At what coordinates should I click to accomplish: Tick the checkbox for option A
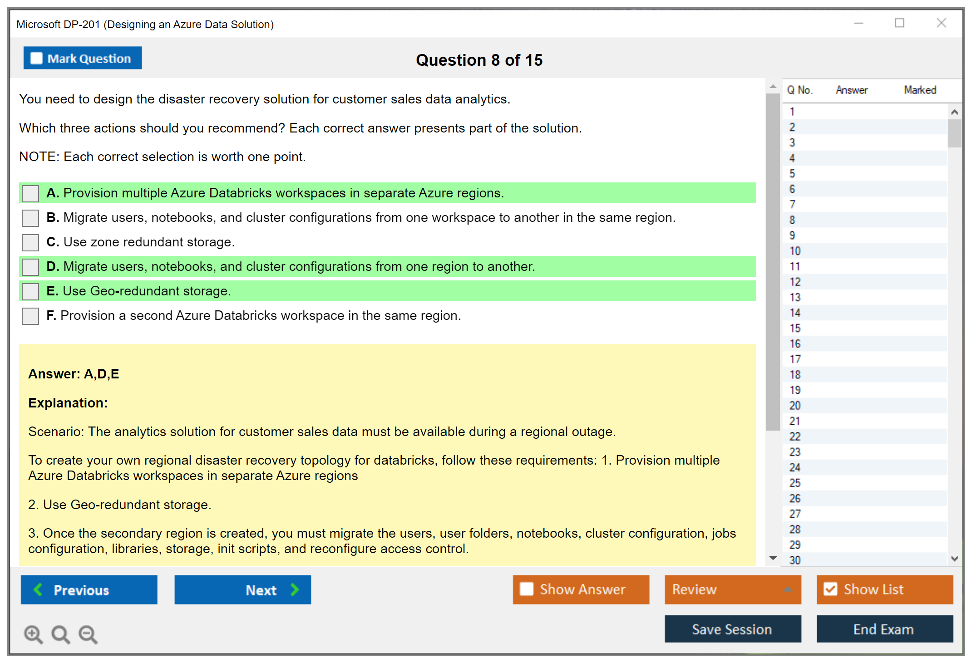point(30,193)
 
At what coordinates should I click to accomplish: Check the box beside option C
point(30,242)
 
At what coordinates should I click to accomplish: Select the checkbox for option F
point(30,316)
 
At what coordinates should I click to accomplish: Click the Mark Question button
point(83,58)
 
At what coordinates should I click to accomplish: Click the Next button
point(243,589)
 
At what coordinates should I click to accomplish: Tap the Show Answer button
point(581,589)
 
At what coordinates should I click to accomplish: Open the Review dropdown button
point(733,589)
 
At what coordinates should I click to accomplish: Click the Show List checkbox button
point(885,589)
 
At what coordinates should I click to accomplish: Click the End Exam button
point(885,629)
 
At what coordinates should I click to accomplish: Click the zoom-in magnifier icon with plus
point(33,634)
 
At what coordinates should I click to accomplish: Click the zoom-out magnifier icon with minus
point(88,634)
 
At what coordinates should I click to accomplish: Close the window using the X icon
point(941,23)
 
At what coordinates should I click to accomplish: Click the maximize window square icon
point(900,23)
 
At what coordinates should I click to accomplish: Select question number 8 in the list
point(792,220)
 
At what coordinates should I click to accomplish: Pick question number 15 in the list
point(795,328)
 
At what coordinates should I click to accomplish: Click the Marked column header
point(920,90)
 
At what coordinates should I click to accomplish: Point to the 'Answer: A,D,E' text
point(74,374)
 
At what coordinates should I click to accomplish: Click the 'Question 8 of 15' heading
point(479,60)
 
